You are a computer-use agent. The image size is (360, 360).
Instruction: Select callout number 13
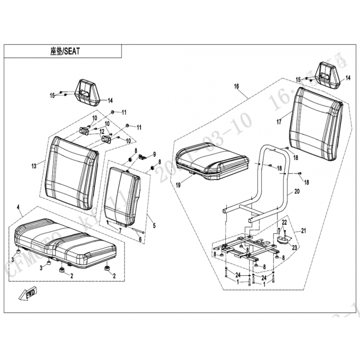33,166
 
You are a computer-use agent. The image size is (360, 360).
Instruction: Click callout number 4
18,207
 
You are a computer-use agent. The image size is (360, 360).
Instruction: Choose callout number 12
102,132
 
